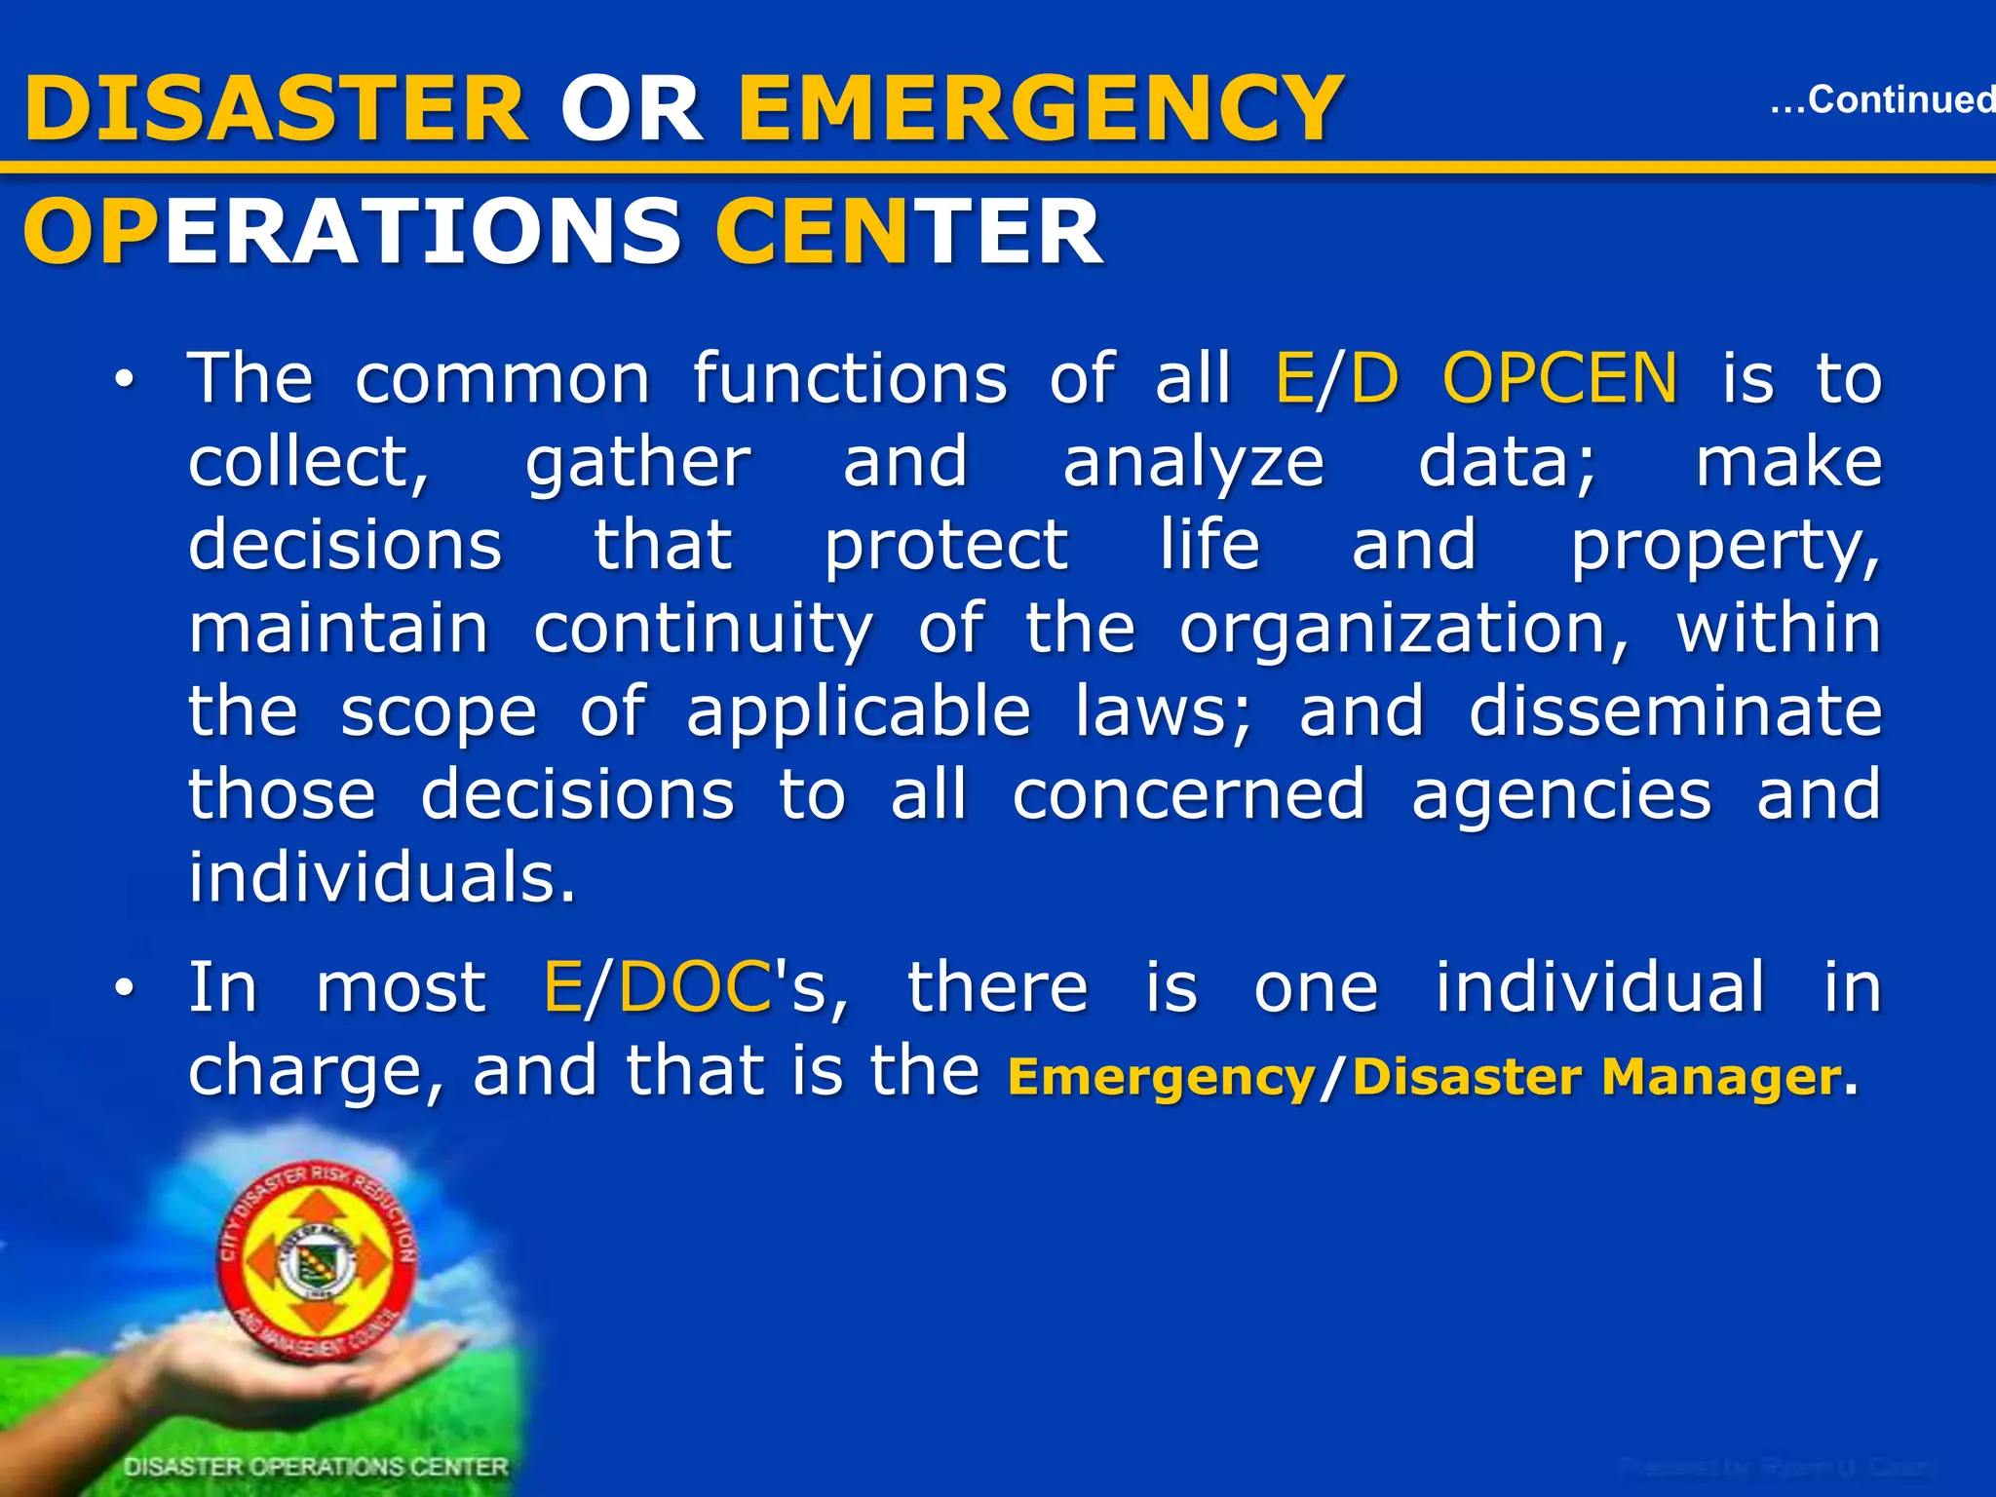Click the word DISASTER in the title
276,109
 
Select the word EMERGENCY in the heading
1041,109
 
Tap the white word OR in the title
632,109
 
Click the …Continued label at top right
1881,99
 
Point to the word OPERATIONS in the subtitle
351,232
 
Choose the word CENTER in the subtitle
908,232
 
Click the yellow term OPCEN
1559,378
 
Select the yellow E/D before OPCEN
1336,378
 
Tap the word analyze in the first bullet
1193,463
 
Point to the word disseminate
1674,711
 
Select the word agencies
1560,795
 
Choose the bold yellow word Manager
1721,1077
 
